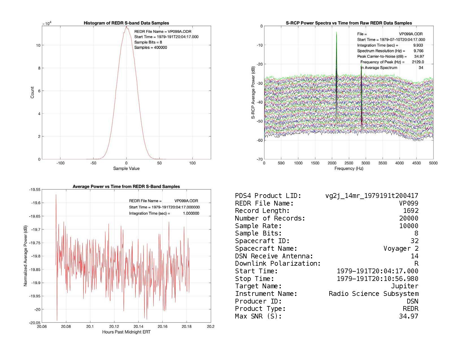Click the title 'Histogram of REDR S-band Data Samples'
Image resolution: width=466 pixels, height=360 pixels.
[126, 23]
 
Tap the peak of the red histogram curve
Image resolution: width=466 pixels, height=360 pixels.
[126, 27]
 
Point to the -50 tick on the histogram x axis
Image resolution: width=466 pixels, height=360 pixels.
[93, 163]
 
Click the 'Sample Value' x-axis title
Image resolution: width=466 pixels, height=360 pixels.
[126, 169]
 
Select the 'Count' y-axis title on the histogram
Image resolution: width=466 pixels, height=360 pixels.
[32, 93]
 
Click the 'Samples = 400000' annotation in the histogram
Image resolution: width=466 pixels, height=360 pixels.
[151, 47]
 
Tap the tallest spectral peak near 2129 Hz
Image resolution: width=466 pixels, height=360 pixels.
[336, 32]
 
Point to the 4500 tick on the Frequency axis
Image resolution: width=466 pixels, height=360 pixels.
[416, 163]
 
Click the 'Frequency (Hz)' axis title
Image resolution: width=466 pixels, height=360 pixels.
[349, 169]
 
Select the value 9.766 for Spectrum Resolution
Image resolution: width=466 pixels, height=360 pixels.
[418, 51]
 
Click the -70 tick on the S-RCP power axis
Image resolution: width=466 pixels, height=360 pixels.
[260, 159]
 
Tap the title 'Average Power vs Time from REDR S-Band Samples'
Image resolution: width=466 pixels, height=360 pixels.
[126, 187]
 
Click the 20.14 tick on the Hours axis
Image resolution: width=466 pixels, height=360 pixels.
[138, 327]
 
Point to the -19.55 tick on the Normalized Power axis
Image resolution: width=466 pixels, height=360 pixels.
[34, 190]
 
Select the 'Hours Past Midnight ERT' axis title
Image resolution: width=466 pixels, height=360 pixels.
[126, 332]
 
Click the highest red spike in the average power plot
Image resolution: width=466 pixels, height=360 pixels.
[56, 195]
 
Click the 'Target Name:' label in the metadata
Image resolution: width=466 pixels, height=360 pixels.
[258, 286]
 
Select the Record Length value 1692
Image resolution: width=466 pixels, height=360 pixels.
[411, 211]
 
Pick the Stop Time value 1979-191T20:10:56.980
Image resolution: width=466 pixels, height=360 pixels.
[378, 279]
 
